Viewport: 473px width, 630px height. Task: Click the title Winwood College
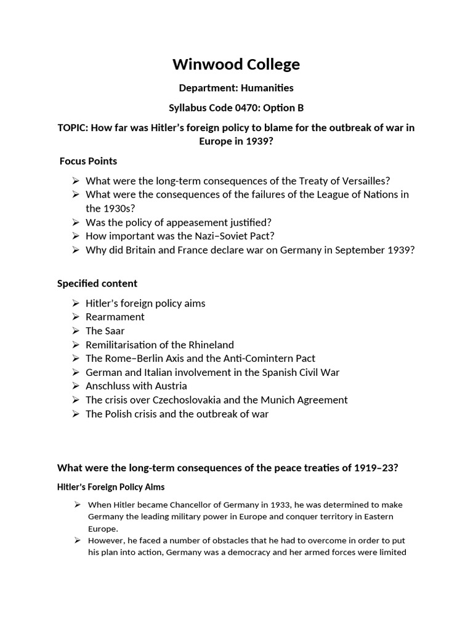(x=236, y=64)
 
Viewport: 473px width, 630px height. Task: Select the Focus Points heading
(x=88, y=161)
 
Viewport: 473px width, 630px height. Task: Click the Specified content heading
(x=97, y=283)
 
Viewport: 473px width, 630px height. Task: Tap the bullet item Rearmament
(x=115, y=317)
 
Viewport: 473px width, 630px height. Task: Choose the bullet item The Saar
(x=105, y=331)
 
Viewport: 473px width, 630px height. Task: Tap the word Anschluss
(x=109, y=386)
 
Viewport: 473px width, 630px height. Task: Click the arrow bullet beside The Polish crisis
(x=75, y=413)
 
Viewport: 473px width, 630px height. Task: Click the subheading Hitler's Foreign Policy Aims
(x=111, y=487)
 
